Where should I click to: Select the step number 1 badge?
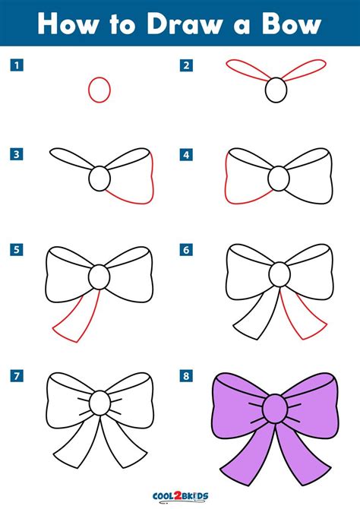point(14,65)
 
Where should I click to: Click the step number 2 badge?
point(185,65)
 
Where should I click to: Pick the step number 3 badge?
point(14,155)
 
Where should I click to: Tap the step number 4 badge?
point(185,155)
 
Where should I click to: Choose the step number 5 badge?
point(14,248)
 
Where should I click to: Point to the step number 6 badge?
point(185,248)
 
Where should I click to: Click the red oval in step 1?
point(99,89)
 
